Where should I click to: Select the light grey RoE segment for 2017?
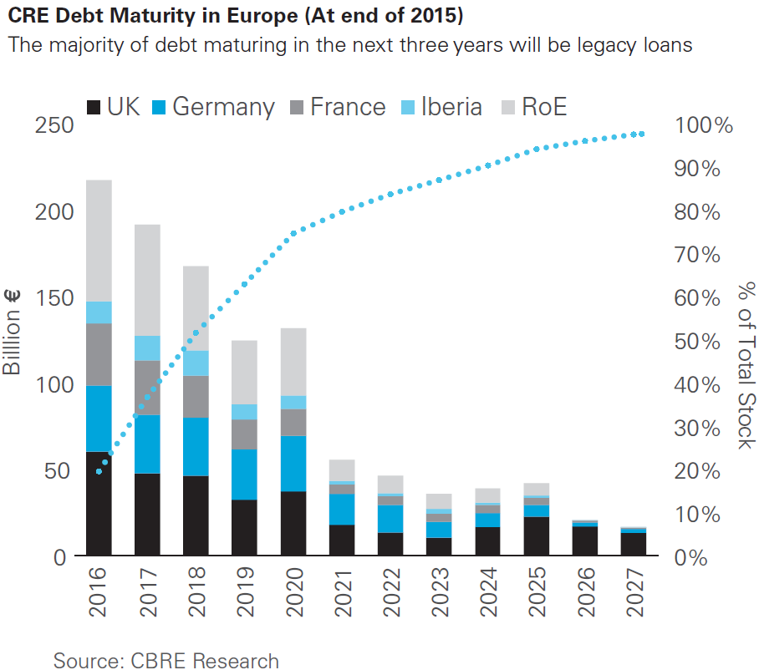(x=148, y=280)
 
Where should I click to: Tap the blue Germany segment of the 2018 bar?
(x=196, y=446)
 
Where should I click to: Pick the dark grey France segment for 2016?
(x=99, y=354)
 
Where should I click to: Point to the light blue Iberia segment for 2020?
(x=293, y=403)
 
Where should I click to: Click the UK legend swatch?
(x=94, y=107)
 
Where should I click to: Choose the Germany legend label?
(x=223, y=107)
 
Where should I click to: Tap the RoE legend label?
(x=544, y=107)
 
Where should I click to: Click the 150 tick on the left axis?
(x=56, y=298)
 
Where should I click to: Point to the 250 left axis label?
(x=56, y=125)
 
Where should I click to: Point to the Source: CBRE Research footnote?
(x=166, y=660)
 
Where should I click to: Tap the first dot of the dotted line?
(x=100, y=471)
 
